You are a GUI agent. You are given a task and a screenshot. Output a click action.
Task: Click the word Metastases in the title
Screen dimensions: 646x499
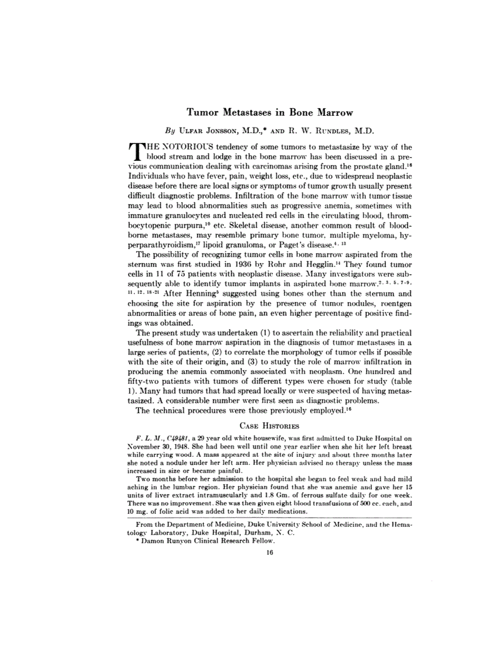248,113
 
